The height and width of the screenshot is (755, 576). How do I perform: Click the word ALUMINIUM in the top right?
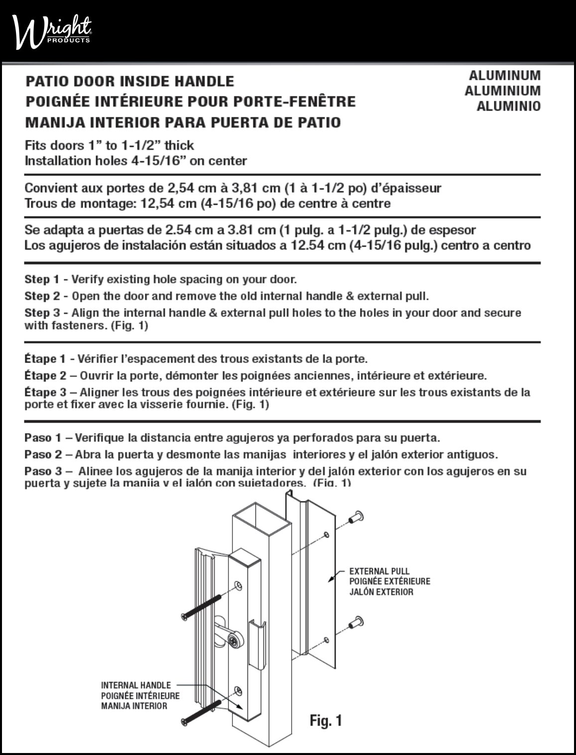point(502,91)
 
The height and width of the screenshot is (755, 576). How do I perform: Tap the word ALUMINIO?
point(508,107)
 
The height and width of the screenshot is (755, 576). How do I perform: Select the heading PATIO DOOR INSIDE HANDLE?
point(129,81)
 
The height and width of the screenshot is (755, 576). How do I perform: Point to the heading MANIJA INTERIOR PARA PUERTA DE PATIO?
point(183,122)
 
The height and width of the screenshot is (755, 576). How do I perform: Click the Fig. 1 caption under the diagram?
point(326,720)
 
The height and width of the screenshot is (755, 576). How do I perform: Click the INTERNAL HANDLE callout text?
point(136,685)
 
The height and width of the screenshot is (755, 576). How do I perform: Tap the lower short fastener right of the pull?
point(356,623)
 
